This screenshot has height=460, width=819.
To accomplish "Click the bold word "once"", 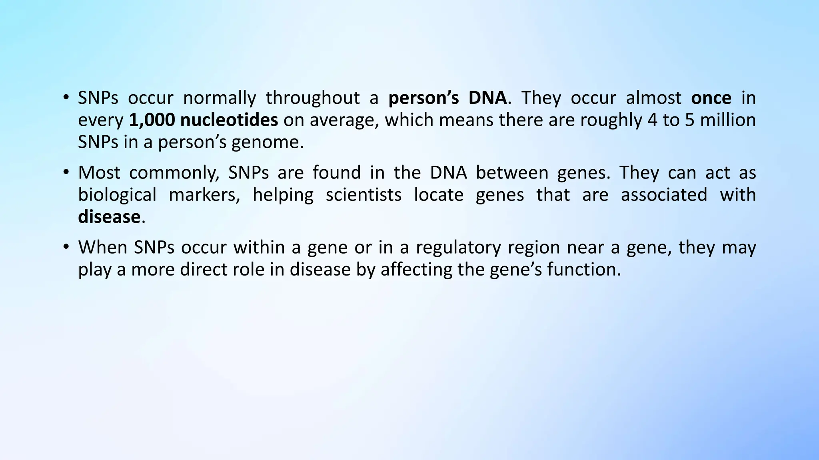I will coord(711,98).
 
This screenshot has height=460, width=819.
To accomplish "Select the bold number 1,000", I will coord(152,120).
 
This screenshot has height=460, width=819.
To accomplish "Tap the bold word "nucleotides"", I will coord(229,120).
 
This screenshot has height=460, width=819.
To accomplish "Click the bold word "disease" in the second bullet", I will coord(109,217).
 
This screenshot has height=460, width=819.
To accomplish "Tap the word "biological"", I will coord(117,195).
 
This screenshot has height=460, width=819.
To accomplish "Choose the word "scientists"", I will coord(364,195).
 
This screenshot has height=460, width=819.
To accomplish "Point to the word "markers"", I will coord(204,195).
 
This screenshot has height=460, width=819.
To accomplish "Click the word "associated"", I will coord(664,195).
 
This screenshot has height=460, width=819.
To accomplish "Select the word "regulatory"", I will coord(458,248).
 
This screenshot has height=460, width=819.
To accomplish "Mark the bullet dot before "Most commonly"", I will coord(66,173).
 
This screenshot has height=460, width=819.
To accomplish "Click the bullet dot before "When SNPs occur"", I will coord(66,248).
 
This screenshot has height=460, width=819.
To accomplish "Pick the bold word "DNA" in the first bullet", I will coord(487,98).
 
